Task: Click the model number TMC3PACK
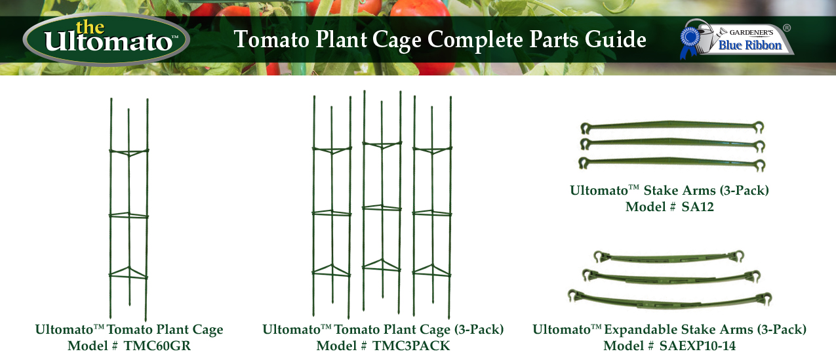pos(411,346)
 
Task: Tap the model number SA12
pos(697,207)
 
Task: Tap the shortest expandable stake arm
pos(669,256)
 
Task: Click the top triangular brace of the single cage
pos(129,152)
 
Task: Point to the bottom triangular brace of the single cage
pos(129,273)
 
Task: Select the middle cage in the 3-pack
pos(382,203)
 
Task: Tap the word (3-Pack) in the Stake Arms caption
pos(744,191)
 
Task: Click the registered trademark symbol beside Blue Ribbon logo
pos(787,28)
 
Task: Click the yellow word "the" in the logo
pos(90,28)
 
